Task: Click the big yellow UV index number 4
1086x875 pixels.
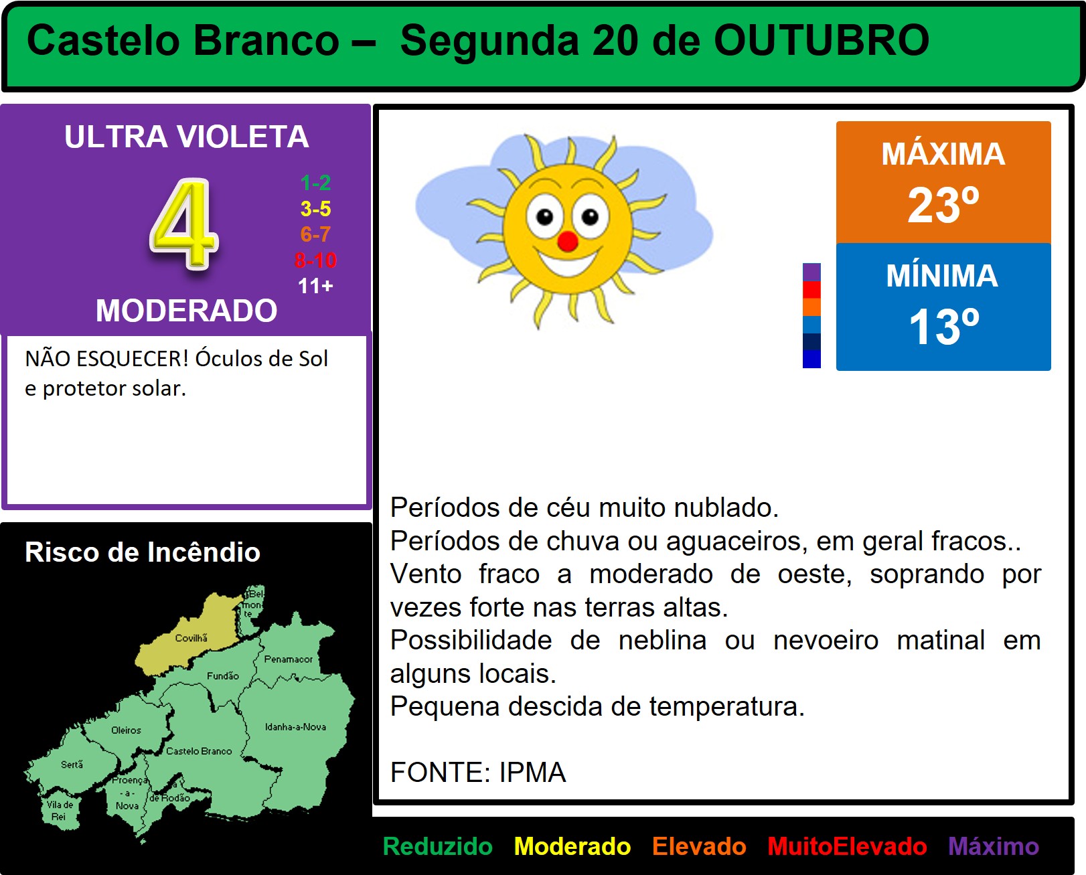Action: pos(184,224)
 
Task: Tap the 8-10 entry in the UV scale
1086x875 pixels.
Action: pos(315,260)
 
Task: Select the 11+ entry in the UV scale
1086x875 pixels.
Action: pos(315,286)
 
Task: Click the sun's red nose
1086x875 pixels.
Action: pos(568,241)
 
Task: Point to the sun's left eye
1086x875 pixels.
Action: pos(544,216)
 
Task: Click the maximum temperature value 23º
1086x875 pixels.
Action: pos(943,205)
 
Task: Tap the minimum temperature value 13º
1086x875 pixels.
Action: pos(943,327)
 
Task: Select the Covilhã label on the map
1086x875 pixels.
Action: pos(191,638)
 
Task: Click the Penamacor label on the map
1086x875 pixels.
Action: pos(289,659)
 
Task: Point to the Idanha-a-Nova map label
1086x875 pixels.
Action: pos(296,726)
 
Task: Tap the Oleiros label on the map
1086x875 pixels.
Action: pos(126,730)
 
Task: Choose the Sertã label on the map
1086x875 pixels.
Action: pos(72,765)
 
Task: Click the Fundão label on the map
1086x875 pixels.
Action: pos(222,675)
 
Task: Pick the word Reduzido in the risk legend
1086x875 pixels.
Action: pos(437,846)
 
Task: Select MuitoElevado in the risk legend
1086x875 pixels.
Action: pos(847,846)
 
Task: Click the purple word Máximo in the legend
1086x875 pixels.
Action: pos(994,846)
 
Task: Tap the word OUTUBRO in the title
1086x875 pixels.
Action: pos(822,40)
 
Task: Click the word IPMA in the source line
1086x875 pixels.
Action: pos(532,772)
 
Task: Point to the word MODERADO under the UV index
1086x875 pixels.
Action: pos(187,310)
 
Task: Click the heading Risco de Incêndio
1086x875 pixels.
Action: pos(143,552)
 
